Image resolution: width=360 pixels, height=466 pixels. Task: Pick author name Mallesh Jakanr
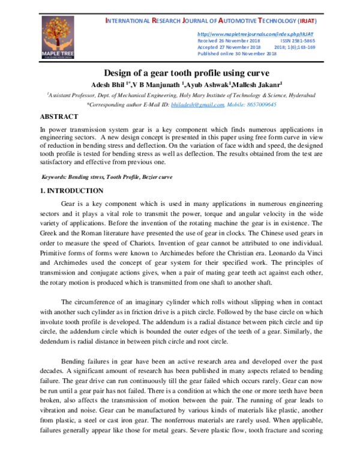pos(261,85)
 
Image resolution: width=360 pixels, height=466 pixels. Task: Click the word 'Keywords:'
pos(58,178)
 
